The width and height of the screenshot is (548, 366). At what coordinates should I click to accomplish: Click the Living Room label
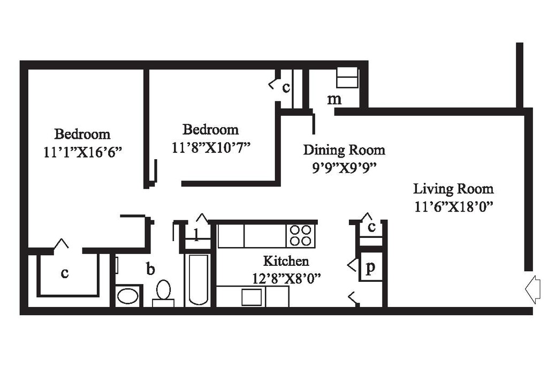click(453, 189)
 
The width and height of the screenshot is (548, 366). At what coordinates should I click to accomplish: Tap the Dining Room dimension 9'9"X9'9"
click(344, 167)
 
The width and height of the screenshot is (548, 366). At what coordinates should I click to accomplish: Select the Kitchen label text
click(286, 261)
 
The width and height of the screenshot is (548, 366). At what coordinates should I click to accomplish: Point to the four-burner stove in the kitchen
click(300, 235)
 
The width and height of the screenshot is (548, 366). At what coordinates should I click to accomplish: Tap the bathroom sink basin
click(127, 296)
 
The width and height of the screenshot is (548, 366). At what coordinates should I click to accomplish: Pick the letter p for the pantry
click(370, 268)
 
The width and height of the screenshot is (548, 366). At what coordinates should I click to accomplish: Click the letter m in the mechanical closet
click(334, 99)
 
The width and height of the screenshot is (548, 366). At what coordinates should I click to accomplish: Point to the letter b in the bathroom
click(150, 268)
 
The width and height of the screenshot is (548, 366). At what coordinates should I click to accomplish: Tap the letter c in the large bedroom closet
click(65, 273)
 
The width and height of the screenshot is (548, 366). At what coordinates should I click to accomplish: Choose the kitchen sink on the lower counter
click(252, 297)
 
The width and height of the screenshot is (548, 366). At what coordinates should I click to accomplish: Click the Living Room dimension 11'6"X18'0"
click(453, 206)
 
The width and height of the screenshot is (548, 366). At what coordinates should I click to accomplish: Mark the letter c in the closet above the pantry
click(371, 227)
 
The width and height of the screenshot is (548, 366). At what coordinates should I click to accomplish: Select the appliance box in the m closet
click(347, 78)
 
